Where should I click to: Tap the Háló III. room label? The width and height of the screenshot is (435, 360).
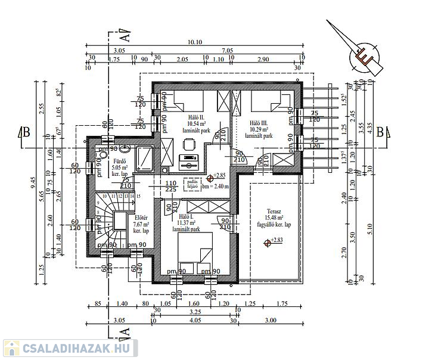(x=260, y=122)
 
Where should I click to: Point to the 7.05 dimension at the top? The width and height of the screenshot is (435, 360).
(x=226, y=51)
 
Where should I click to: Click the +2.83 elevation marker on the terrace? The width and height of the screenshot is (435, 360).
(x=275, y=241)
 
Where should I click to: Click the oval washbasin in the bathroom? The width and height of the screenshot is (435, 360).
(x=124, y=150)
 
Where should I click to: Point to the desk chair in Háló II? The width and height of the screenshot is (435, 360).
(x=189, y=143)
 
